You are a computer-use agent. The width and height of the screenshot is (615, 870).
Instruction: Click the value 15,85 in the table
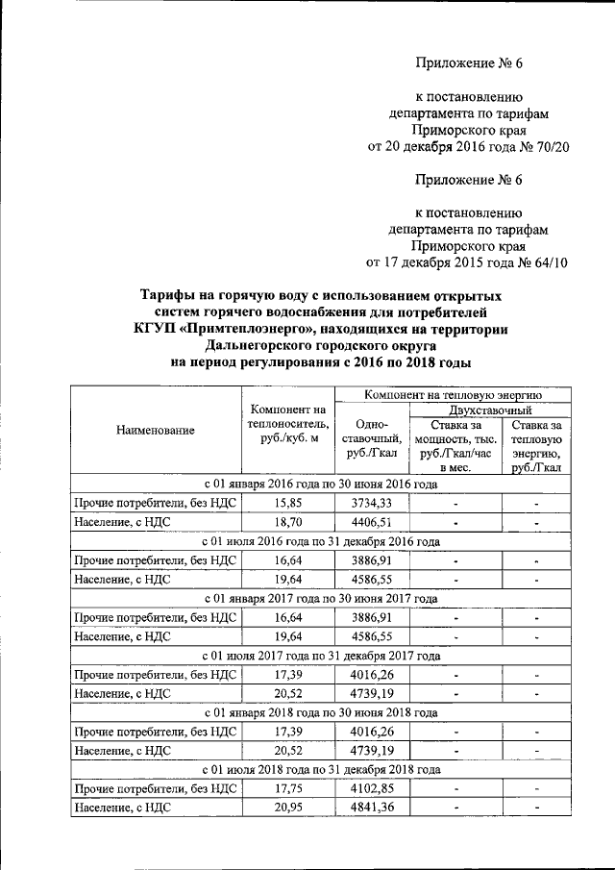point(287,503)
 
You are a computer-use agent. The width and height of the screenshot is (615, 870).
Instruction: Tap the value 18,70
point(287,522)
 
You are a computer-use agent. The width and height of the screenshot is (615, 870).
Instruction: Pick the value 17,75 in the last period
point(287,787)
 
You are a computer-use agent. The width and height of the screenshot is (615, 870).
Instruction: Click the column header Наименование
point(156,431)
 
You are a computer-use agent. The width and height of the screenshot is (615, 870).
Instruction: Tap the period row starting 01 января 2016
point(321,484)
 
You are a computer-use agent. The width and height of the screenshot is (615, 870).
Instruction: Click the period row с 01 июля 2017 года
point(321,655)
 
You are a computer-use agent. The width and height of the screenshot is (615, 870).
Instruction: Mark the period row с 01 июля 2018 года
point(321,769)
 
